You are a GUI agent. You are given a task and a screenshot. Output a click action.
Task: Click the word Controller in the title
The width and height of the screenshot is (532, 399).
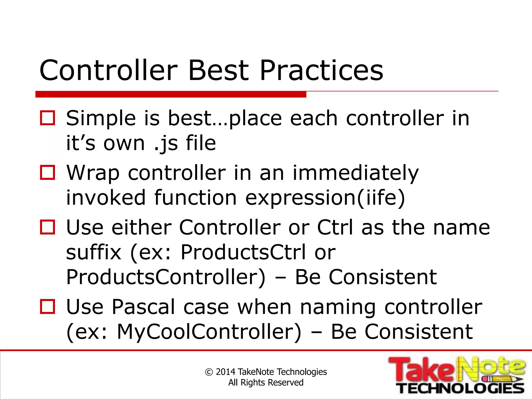coord(109,70)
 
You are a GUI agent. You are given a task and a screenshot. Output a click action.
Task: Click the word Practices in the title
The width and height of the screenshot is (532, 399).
coord(321,70)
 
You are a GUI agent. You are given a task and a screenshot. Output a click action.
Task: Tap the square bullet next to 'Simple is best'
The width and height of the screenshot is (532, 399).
coord(48,118)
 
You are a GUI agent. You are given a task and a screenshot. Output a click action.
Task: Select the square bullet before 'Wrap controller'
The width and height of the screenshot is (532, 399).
coord(48,172)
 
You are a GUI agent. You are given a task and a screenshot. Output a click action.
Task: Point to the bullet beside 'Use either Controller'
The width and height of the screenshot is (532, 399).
coord(48,227)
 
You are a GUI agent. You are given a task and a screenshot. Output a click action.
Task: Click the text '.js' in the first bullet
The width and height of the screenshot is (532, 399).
coord(166,143)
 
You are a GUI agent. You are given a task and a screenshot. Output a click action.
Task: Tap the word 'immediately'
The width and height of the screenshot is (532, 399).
coord(356,173)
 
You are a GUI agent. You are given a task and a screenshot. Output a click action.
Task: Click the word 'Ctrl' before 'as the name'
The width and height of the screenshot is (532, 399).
coord(335,227)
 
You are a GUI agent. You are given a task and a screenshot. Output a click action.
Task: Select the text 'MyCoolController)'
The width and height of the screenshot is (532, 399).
coord(209,332)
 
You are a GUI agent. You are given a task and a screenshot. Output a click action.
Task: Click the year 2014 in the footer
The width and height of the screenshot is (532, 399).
coord(225,372)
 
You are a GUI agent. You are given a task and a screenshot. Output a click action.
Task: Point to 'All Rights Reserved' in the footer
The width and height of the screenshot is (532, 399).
coord(266,383)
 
